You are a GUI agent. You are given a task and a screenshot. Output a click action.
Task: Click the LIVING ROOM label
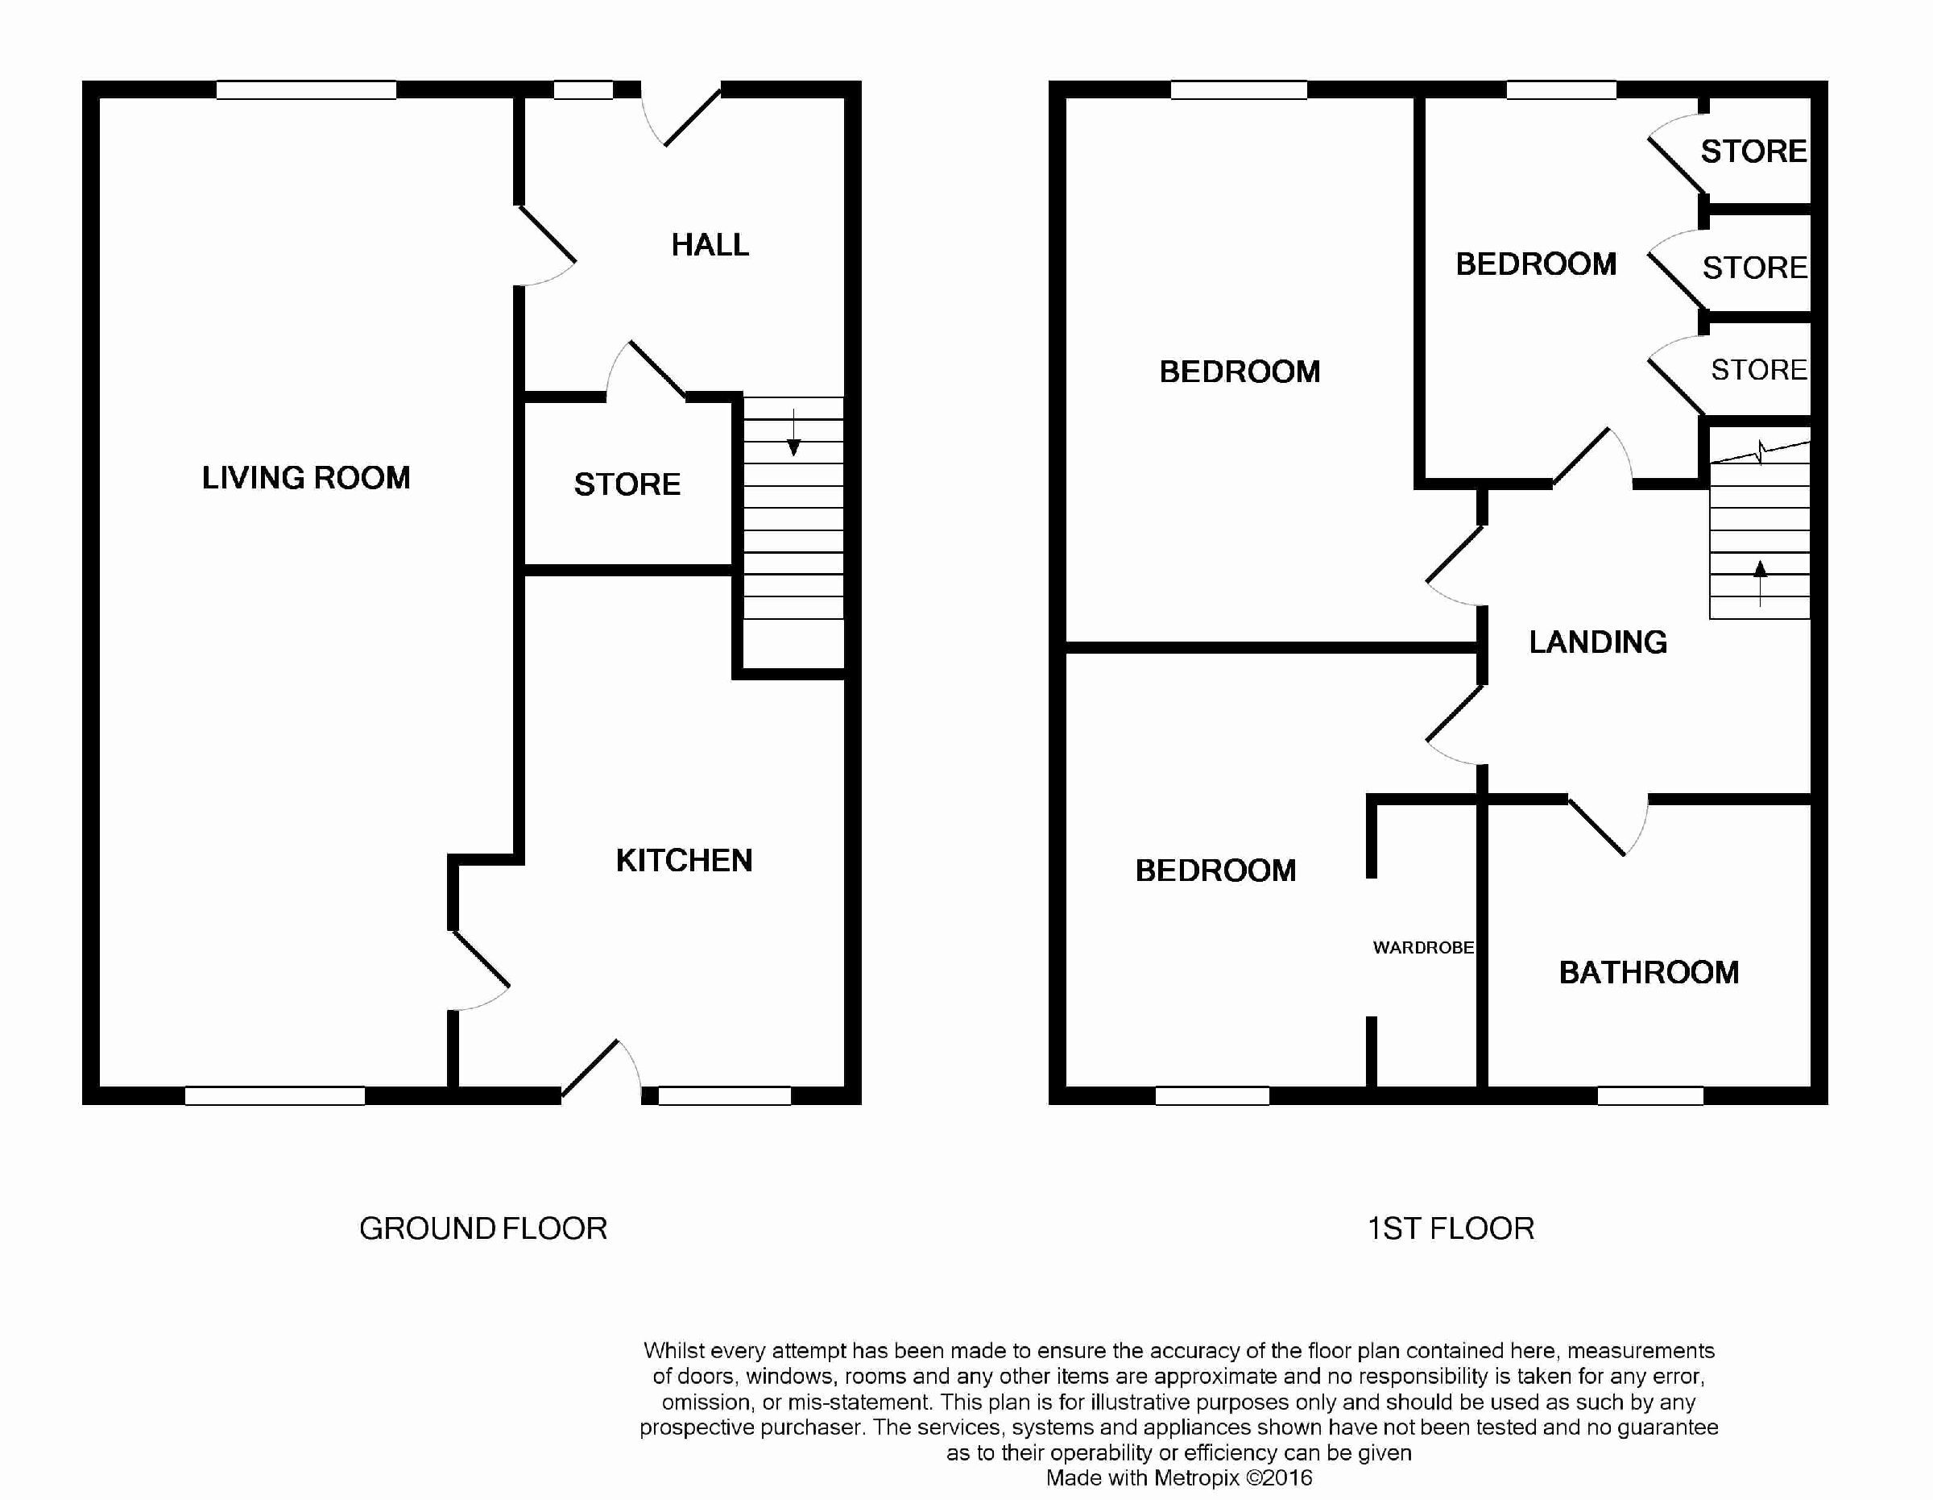click(x=306, y=478)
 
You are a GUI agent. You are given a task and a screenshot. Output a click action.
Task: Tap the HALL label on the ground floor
click(x=710, y=245)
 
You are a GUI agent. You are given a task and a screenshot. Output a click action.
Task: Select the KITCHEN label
click(x=684, y=861)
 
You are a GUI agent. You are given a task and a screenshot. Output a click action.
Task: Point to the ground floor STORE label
click(x=627, y=484)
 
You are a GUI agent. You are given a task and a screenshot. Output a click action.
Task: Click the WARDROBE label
click(x=1423, y=947)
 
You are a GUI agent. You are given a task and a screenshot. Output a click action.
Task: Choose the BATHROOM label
click(x=1649, y=972)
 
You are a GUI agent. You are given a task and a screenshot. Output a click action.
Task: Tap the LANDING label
click(x=1599, y=642)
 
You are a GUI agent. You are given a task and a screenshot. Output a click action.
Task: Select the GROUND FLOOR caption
click(x=483, y=1228)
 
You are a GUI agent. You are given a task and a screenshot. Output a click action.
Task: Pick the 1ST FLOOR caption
click(x=1451, y=1228)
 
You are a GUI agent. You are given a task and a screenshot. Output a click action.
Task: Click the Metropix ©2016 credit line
click(x=1179, y=1478)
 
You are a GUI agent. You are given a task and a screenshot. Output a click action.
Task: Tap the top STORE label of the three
click(x=1753, y=152)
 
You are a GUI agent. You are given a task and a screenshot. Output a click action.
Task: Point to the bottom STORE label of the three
click(x=1759, y=369)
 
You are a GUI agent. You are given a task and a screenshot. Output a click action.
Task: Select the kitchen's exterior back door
click(x=601, y=1070)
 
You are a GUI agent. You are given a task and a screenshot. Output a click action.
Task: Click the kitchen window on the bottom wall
click(x=725, y=1096)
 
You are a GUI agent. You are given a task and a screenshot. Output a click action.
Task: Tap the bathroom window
click(x=1650, y=1096)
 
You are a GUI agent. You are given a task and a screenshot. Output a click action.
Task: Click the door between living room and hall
click(x=546, y=246)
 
